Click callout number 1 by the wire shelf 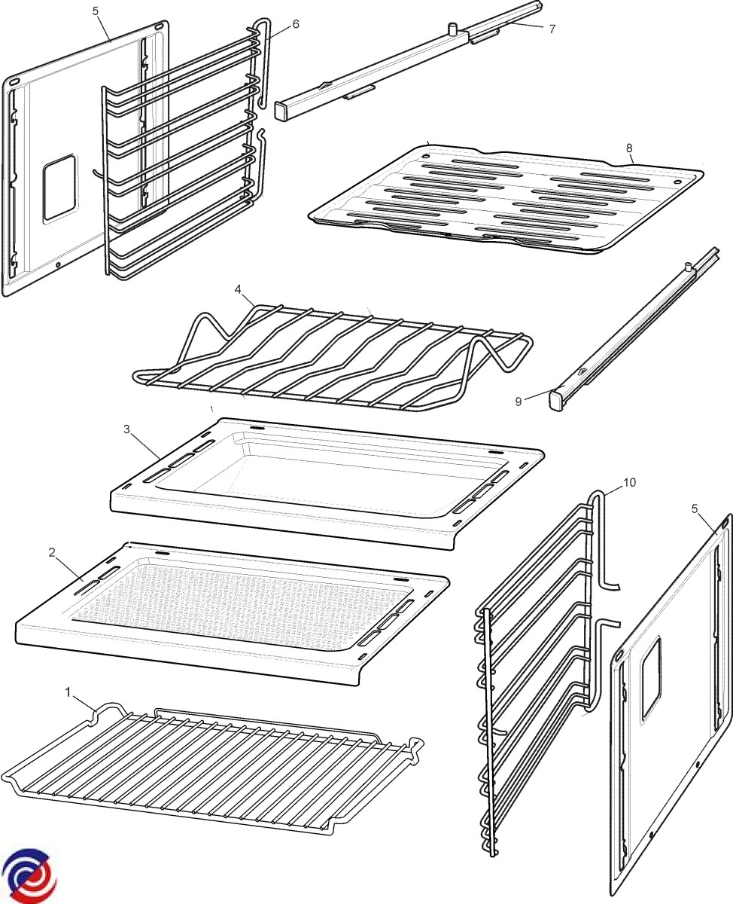(68, 690)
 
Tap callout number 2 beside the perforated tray (52, 552)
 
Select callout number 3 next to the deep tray (127, 429)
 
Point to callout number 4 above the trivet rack (238, 289)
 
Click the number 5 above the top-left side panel (95, 11)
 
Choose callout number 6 (296, 24)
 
